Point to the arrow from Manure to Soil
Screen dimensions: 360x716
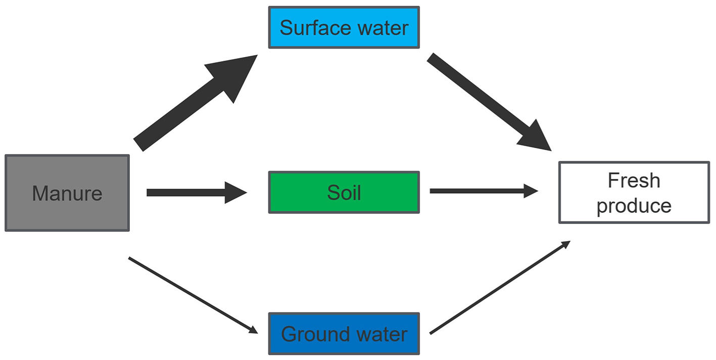pos(187,193)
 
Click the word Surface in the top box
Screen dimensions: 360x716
pos(311,28)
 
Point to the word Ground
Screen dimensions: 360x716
pos(309,334)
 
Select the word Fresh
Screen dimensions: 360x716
pos(634,181)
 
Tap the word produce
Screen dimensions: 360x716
pos(634,206)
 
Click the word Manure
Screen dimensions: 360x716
pos(67,193)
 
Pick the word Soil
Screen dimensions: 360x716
pos(344,193)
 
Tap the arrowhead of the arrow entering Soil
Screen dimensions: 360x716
pos(235,193)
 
